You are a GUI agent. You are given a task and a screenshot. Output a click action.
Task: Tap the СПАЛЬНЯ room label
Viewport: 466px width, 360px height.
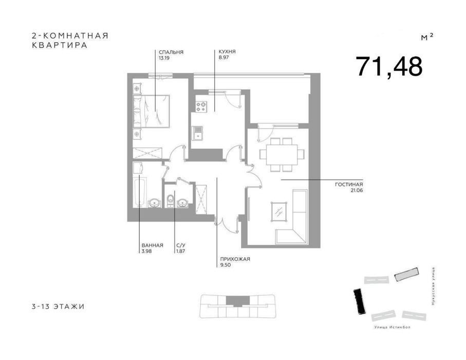[171, 52]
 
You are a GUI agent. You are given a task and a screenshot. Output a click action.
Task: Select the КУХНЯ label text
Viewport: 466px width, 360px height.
[227, 52]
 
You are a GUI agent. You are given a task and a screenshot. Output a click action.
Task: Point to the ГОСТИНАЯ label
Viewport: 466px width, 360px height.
[349, 185]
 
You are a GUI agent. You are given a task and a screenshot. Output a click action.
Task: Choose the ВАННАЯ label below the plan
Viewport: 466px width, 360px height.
[153, 245]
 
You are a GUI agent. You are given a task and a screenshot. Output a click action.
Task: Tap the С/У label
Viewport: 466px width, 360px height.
[181, 245]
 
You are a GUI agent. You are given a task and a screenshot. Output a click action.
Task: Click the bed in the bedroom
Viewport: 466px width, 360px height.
[151, 111]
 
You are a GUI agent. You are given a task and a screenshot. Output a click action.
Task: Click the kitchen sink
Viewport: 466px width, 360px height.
[197, 133]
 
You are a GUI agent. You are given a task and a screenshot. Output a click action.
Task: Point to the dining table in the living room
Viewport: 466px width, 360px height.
[282, 154]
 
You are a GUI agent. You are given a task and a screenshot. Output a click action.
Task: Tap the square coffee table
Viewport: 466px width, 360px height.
[279, 211]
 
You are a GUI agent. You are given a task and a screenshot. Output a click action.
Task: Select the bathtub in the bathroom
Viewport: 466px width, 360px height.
[139, 191]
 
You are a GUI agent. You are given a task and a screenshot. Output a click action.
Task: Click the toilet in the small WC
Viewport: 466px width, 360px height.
[170, 201]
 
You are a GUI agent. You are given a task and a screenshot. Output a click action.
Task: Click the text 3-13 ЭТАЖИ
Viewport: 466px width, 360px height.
[58, 307]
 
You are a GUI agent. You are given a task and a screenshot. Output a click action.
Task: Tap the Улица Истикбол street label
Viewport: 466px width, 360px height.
[393, 327]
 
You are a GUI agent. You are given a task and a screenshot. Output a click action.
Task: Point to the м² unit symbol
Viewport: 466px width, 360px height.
[427, 37]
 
